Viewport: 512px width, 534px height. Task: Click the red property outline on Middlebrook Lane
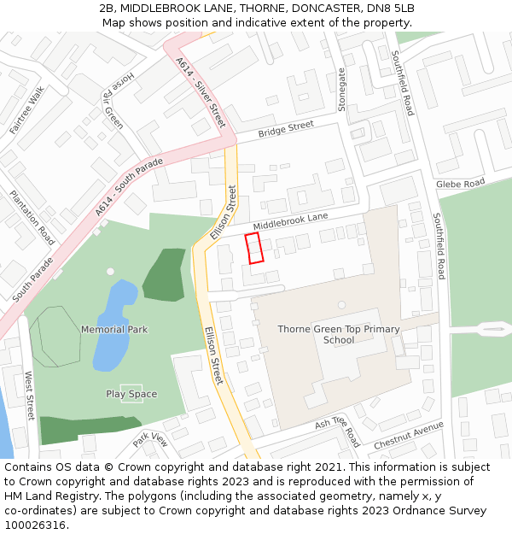pyautogui.click(x=253, y=248)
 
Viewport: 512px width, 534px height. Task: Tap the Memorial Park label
pyautogui.click(x=114, y=329)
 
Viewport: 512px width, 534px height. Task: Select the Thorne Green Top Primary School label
pyautogui.click(x=338, y=334)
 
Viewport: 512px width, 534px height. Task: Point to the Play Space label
pyautogui.click(x=131, y=394)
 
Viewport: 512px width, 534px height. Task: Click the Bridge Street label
pyautogui.click(x=286, y=129)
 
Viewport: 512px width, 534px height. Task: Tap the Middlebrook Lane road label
pyautogui.click(x=290, y=222)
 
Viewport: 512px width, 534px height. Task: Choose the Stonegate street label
pyautogui.click(x=343, y=90)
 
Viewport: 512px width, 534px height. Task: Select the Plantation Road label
pyautogui.click(x=32, y=217)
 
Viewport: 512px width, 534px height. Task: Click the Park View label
pyautogui.click(x=151, y=439)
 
